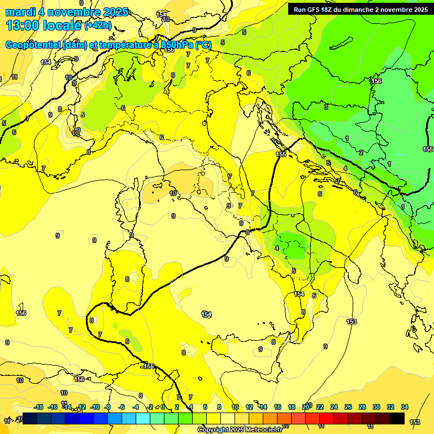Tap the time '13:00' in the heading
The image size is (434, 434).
point(23,25)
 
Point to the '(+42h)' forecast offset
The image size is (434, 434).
point(98,25)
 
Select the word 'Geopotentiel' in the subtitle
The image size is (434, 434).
point(31,45)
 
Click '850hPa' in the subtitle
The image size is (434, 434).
point(175,45)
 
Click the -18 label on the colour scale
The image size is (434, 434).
point(38,407)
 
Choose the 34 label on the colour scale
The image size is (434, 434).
point(405,407)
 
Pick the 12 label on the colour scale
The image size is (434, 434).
point(249,407)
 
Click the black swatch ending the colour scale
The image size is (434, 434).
point(397,418)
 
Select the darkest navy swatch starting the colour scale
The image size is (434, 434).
point(30,418)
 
